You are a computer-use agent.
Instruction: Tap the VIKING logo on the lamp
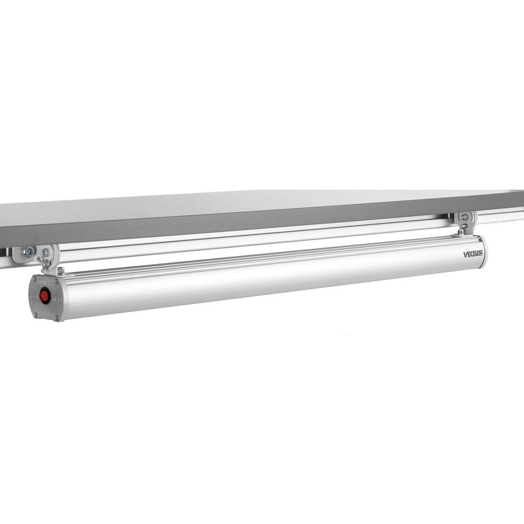pyautogui.click(x=473, y=254)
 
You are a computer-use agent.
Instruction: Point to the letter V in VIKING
pyautogui.click(x=465, y=255)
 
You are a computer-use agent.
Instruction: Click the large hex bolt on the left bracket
pyautogui.click(x=27, y=251)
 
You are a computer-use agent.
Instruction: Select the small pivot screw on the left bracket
pyautogui.click(x=46, y=253)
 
